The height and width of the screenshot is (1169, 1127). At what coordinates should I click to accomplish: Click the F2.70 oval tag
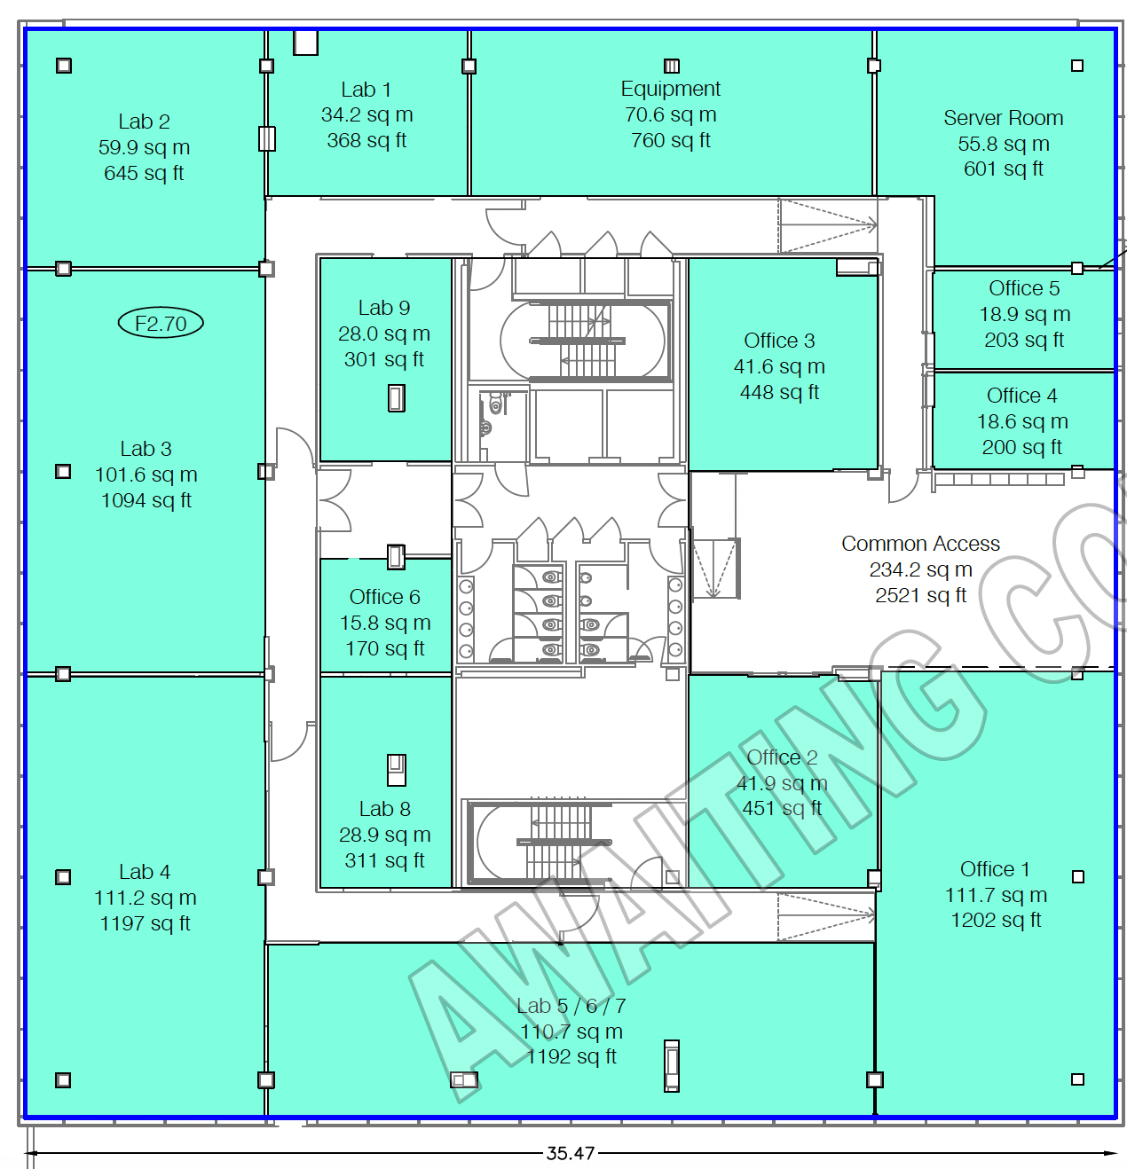click(161, 323)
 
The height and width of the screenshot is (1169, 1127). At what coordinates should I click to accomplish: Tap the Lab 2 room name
click(145, 122)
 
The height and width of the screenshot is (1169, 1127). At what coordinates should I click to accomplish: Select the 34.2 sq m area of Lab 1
click(366, 114)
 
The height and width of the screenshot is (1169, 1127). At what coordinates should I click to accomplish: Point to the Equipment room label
click(670, 90)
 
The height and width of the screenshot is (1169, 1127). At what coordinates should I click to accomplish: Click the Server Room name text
click(1003, 118)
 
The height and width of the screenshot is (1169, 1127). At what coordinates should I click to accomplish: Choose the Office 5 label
click(1024, 288)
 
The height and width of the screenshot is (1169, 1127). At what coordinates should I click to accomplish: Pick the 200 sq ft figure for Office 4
click(1021, 447)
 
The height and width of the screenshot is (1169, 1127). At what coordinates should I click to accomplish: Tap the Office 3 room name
click(779, 341)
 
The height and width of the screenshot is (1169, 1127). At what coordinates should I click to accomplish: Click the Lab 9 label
click(384, 308)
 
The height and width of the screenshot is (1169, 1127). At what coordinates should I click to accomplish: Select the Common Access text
click(920, 544)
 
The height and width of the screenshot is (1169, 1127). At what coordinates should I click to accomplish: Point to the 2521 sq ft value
click(920, 595)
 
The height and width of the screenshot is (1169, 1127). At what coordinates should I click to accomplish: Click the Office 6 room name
click(384, 597)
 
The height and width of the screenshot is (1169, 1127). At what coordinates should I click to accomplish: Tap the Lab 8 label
click(384, 809)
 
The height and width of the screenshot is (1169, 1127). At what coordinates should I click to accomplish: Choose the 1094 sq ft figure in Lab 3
click(146, 500)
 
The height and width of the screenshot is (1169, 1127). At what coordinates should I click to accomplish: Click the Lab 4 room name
click(145, 872)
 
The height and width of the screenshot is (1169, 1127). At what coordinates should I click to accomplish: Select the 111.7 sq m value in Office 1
click(996, 895)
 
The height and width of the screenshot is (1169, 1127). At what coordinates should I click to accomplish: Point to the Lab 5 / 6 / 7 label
click(571, 1006)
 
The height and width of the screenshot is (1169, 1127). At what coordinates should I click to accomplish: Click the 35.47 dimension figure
click(571, 1153)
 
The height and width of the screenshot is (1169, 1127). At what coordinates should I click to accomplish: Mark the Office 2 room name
click(782, 757)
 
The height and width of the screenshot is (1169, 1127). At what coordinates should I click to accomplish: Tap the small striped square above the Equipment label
click(672, 66)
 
